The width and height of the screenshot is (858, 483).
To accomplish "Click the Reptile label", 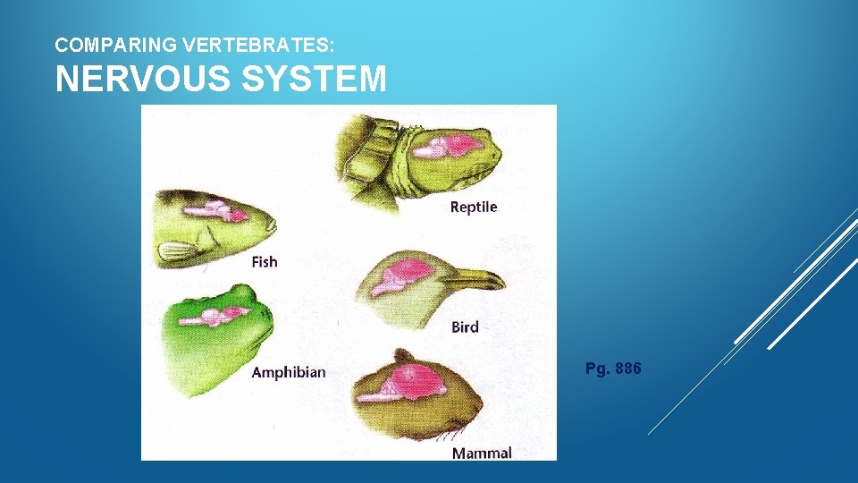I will click(x=473, y=207).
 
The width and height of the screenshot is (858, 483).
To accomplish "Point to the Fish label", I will click(x=265, y=261).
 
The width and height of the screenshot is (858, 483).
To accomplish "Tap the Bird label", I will click(x=465, y=326).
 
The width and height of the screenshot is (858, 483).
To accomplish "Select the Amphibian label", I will click(x=288, y=372).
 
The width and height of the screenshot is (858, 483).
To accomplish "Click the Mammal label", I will click(x=482, y=453).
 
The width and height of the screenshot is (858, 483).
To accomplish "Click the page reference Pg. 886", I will click(x=613, y=369).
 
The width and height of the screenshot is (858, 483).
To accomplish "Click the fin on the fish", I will click(x=180, y=251).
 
